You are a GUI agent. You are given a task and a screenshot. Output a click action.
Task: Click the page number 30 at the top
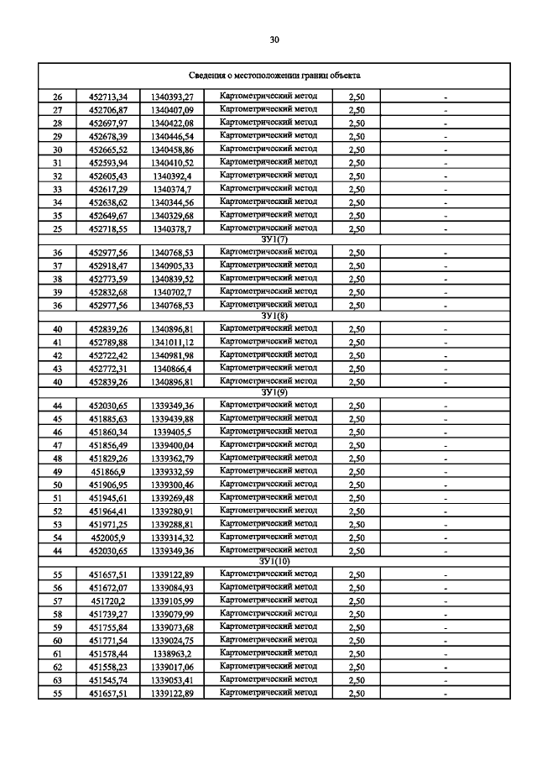[x=274, y=39]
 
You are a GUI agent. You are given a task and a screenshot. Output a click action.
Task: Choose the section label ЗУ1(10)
[x=274, y=560]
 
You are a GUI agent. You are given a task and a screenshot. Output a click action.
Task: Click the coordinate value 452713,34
[x=107, y=97]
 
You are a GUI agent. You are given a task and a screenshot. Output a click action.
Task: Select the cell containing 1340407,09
[x=172, y=110]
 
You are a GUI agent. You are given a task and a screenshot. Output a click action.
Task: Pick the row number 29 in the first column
[x=58, y=136]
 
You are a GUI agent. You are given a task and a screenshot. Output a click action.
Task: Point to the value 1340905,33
[x=172, y=265]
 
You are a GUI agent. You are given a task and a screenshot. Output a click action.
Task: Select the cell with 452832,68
[x=107, y=291]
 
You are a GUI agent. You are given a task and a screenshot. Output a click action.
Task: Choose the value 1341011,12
[x=172, y=343]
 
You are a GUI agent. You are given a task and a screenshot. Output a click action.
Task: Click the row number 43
[x=58, y=369]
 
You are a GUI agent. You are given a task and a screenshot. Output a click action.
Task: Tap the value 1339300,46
[x=172, y=485]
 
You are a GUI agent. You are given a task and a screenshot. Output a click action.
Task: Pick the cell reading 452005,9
[x=107, y=537]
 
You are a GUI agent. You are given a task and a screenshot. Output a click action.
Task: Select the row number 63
[x=58, y=680]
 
